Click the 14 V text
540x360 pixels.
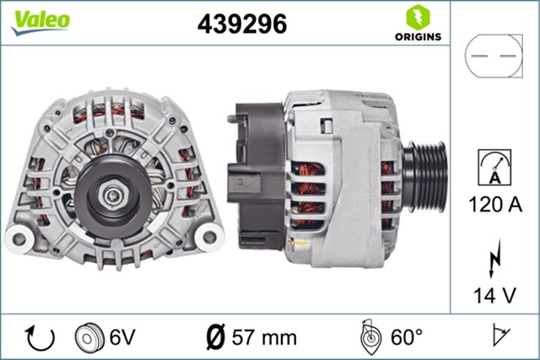pos(495,294)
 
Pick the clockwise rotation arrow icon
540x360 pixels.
pos(40,337)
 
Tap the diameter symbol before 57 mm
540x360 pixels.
pos(215,337)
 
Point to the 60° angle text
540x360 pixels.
pos(408,337)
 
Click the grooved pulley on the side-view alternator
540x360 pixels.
pos(427,176)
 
